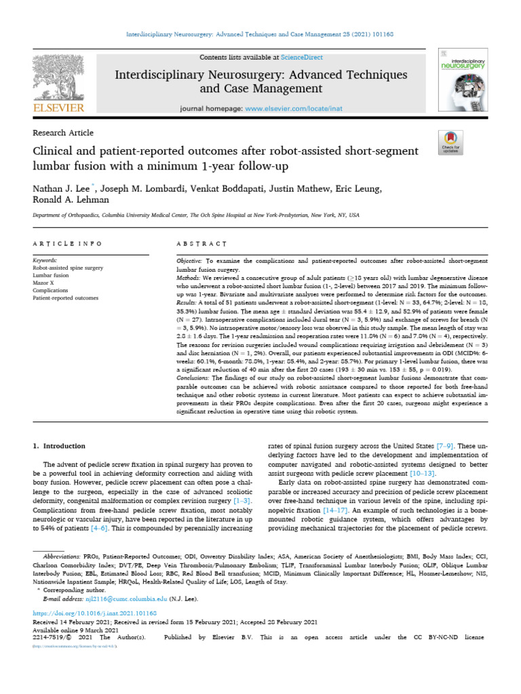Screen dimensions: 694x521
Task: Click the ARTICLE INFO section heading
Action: (x=68, y=243)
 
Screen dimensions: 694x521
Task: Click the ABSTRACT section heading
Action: (x=202, y=243)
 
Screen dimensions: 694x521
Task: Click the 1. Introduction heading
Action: (x=60, y=446)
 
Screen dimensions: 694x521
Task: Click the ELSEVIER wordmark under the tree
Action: (x=60, y=108)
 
